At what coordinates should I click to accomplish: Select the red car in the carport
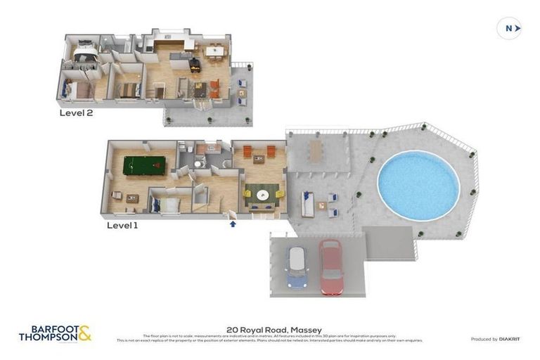pos(331,266)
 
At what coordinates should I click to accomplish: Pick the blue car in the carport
pos(296,268)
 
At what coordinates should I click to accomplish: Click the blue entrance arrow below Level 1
pos(233,224)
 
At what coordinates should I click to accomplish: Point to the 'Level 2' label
pos(76,112)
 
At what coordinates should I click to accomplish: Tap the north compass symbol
pos(509,28)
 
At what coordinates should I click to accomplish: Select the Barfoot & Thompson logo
pos(55,333)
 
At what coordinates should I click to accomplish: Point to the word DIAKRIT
pos(510,339)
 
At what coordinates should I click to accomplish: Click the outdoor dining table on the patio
pos(314,150)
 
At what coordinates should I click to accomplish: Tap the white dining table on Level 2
pos(214,51)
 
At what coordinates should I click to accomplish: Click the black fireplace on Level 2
pos(194,64)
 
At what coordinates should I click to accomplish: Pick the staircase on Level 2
pos(159,90)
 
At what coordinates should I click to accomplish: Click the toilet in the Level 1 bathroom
pos(198,163)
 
